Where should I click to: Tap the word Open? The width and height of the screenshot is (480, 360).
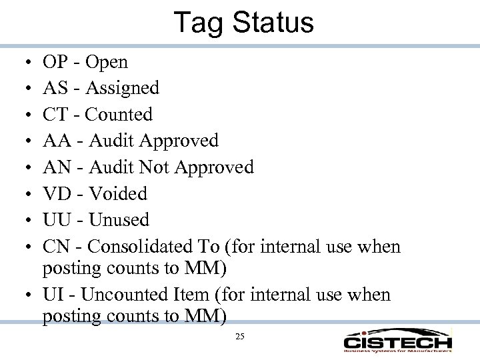pos(107,63)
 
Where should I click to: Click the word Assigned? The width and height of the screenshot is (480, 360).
pos(123,89)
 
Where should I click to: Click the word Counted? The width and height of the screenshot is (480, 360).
pos(119,115)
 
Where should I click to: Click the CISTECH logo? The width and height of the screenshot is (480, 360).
pos(398,340)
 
